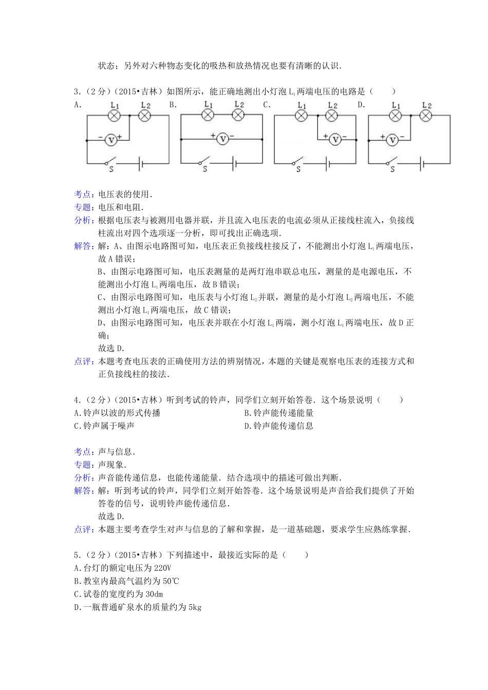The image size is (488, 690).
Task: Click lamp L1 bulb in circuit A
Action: (x=114, y=116)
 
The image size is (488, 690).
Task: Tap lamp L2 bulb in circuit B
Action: (x=238, y=115)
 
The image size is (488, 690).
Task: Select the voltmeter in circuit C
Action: (x=335, y=139)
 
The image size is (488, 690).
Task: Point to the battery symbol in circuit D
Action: (x=423, y=164)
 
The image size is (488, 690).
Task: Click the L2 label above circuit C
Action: (x=332, y=106)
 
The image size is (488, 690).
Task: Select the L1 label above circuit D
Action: (x=396, y=105)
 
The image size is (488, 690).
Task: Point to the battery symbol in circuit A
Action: (x=140, y=164)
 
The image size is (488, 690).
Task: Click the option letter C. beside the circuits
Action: (x=267, y=105)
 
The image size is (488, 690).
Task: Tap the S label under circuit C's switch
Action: (x=298, y=169)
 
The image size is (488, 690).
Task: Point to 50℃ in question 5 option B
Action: (x=170, y=581)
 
